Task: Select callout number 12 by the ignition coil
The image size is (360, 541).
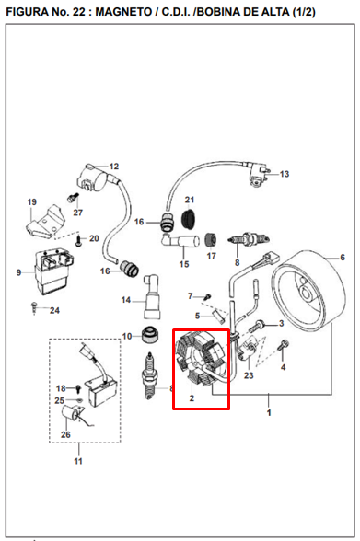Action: click(114, 167)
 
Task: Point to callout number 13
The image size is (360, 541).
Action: click(285, 174)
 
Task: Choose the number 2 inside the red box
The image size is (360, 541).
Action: click(192, 399)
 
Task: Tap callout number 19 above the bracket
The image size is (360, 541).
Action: click(31, 202)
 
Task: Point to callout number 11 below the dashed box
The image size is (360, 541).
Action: click(76, 460)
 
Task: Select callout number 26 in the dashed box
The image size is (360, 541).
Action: click(65, 434)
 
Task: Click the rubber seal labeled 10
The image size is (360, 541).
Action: click(147, 335)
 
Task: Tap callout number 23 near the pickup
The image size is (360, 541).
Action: click(249, 375)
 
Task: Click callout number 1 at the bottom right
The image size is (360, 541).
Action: click(269, 412)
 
